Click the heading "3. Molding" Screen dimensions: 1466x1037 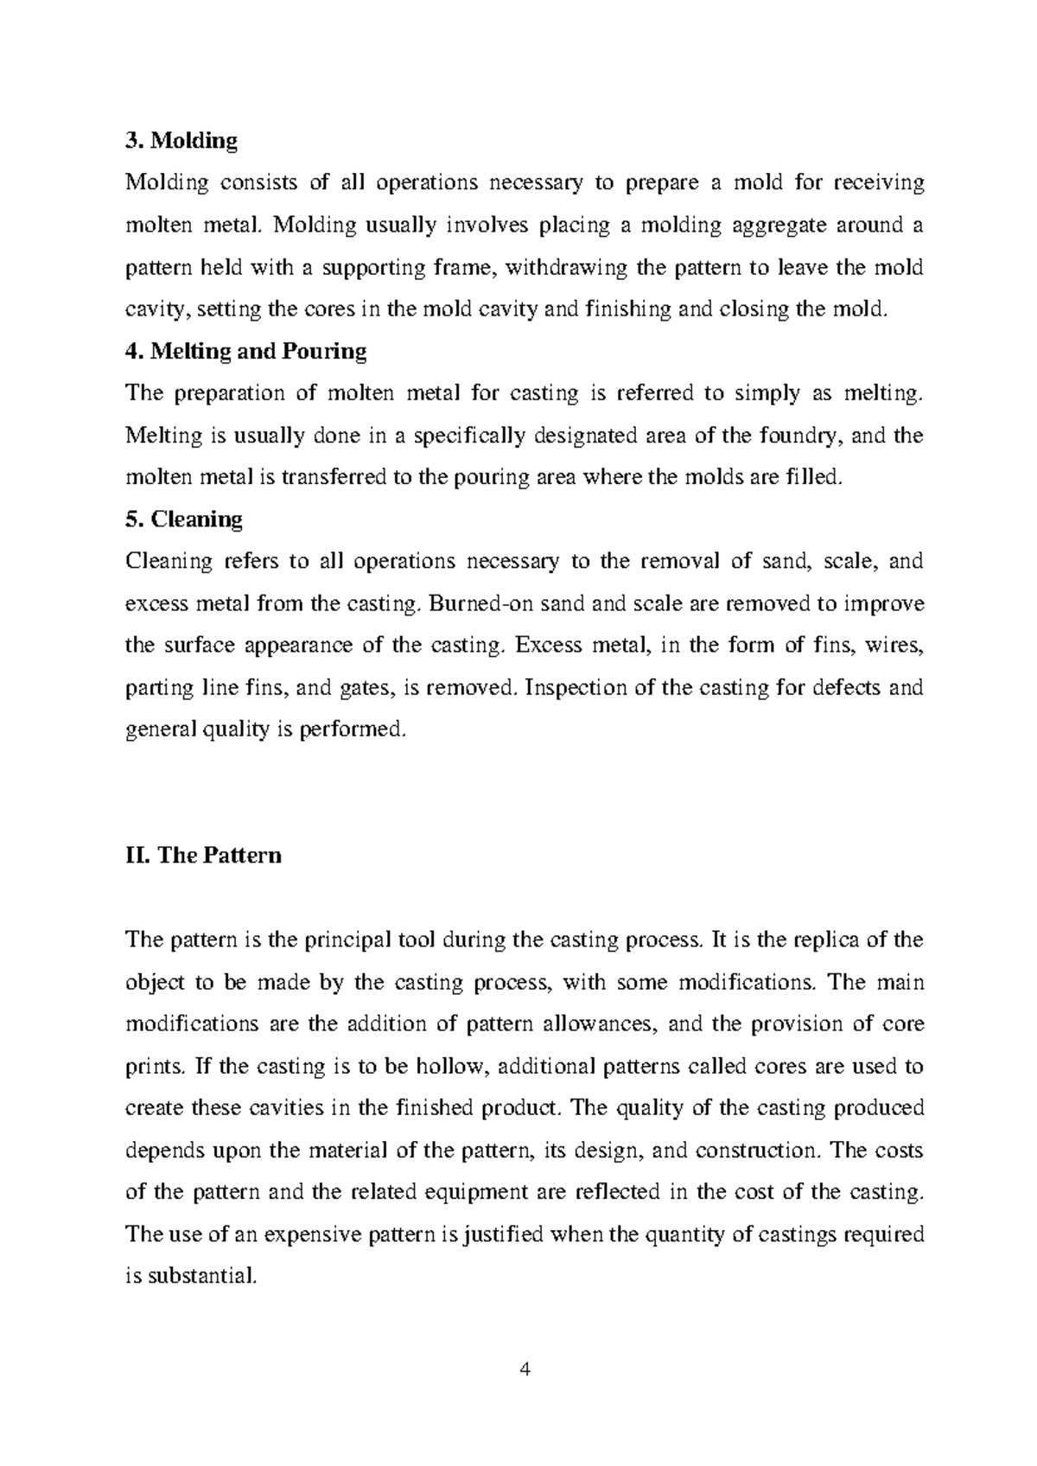pyautogui.click(x=181, y=140)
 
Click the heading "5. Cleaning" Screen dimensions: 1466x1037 pyautogui.click(x=184, y=519)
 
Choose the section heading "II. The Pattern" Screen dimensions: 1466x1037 pyautogui.click(x=204, y=856)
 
